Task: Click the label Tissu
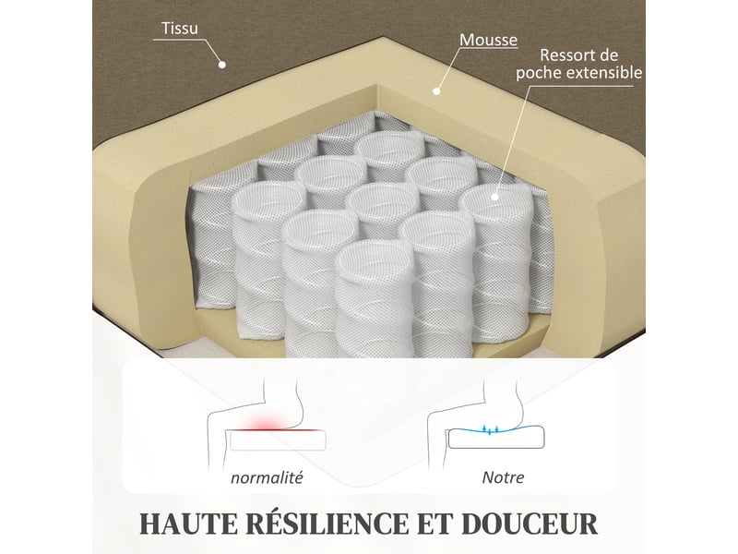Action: [180, 29]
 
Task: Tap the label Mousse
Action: [488, 40]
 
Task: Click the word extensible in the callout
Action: [604, 73]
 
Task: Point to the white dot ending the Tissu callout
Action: [222, 65]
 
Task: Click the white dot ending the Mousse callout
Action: [436, 91]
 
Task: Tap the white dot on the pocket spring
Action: [494, 197]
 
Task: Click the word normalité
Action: [267, 477]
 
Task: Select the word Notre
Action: [503, 477]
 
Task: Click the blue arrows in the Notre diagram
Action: [490, 429]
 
